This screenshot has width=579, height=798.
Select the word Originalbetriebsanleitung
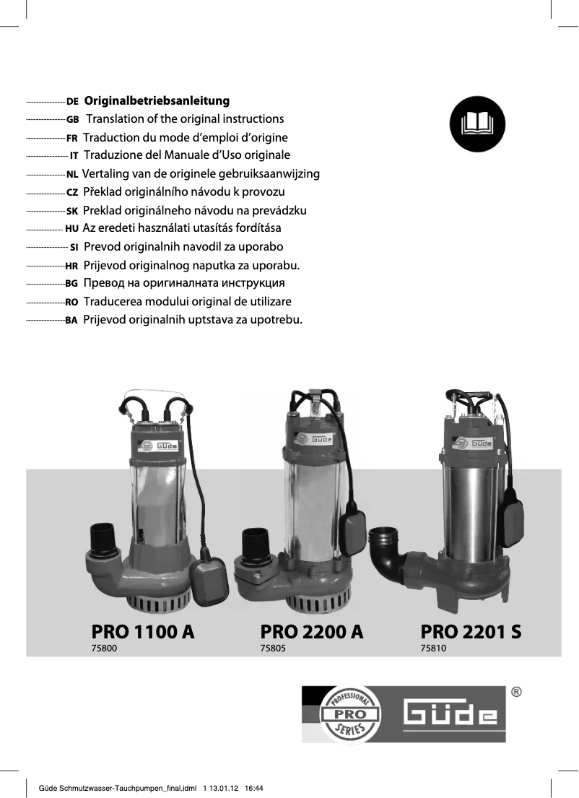coord(157,100)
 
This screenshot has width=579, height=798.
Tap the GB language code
coord(72,119)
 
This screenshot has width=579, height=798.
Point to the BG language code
coord(71,284)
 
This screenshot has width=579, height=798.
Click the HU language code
coord(71,229)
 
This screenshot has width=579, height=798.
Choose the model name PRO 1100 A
coord(143,631)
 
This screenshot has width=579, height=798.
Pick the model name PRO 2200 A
coord(311,631)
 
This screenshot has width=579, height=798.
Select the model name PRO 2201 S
coord(471,631)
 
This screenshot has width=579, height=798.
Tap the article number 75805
coord(273,649)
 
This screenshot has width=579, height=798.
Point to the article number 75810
coord(434,649)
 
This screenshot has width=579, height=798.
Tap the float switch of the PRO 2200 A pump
coord(353,531)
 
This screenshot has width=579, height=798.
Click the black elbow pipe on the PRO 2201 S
coord(386,551)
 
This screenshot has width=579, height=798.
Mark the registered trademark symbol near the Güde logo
coord(517,692)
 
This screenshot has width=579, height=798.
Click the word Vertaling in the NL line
coord(105,174)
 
